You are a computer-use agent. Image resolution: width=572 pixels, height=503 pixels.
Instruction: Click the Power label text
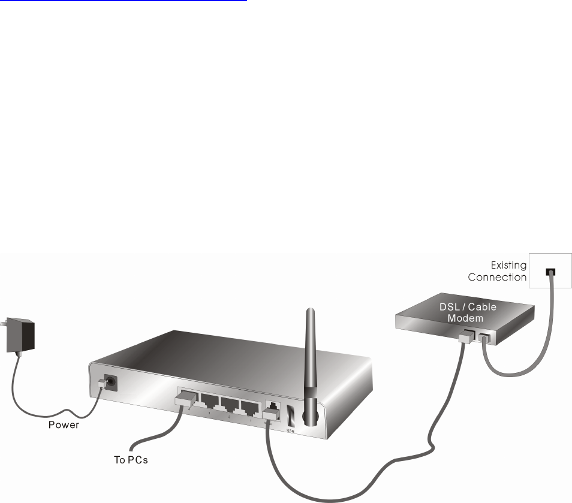click(63, 426)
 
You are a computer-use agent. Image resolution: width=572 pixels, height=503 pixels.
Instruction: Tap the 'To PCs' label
click(131, 460)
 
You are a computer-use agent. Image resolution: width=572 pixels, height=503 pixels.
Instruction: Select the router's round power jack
click(110, 381)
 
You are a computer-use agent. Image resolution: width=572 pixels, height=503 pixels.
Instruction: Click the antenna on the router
click(310, 366)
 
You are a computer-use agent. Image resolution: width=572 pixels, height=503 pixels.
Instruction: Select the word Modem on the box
click(465, 318)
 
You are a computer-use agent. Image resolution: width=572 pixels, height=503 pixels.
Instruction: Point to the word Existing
click(508, 265)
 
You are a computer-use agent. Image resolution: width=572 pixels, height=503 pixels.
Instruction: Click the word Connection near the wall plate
click(497, 277)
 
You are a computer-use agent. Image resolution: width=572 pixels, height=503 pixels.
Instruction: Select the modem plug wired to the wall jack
click(483, 338)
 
